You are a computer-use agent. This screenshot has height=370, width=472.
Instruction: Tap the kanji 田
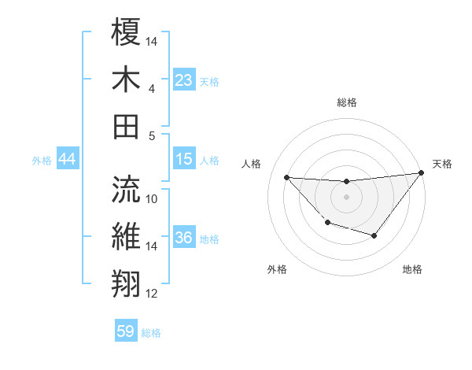coord(126,126)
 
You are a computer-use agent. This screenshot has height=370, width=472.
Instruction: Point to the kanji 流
coord(126,187)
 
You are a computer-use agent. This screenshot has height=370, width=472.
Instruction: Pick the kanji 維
coord(126,236)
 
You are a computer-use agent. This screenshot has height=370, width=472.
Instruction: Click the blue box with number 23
coord(184,80)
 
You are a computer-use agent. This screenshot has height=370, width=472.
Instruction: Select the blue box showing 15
coord(184,160)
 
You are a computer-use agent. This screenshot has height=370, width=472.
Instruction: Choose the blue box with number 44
coord(67,160)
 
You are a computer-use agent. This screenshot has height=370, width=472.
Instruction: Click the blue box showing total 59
coord(126,331)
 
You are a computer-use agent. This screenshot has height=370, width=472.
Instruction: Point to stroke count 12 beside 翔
coord(152,294)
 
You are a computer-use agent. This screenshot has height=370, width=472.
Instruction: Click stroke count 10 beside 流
coord(152,198)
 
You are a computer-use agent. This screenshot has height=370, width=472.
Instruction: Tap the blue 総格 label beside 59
coord(151,333)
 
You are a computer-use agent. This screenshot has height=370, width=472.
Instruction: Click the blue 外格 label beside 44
coord(42,161)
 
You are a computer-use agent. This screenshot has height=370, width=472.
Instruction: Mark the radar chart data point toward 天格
coord(421,173)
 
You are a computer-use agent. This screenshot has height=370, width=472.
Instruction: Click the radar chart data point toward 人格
coord(286,177)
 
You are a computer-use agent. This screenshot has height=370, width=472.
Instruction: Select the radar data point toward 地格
coord(374,235)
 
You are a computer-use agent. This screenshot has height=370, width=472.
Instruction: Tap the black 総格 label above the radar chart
coord(346,102)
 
